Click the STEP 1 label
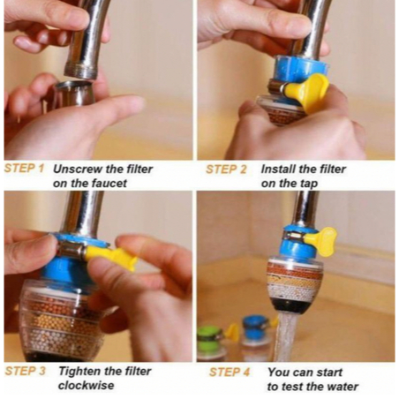[x=24, y=169]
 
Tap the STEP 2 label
[x=226, y=169]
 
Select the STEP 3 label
[x=26, y=371]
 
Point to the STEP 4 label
[x=230, y=373]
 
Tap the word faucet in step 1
[x=109, y=184]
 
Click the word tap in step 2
[x=309, y=184]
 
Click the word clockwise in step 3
[x=87, y=386]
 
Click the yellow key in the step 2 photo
[x=307, y=91]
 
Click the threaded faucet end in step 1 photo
[x=80, y=70]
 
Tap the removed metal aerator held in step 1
[x=73, y=94]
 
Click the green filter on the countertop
[x=210, y=343]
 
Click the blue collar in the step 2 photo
[x=300, y=70]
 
